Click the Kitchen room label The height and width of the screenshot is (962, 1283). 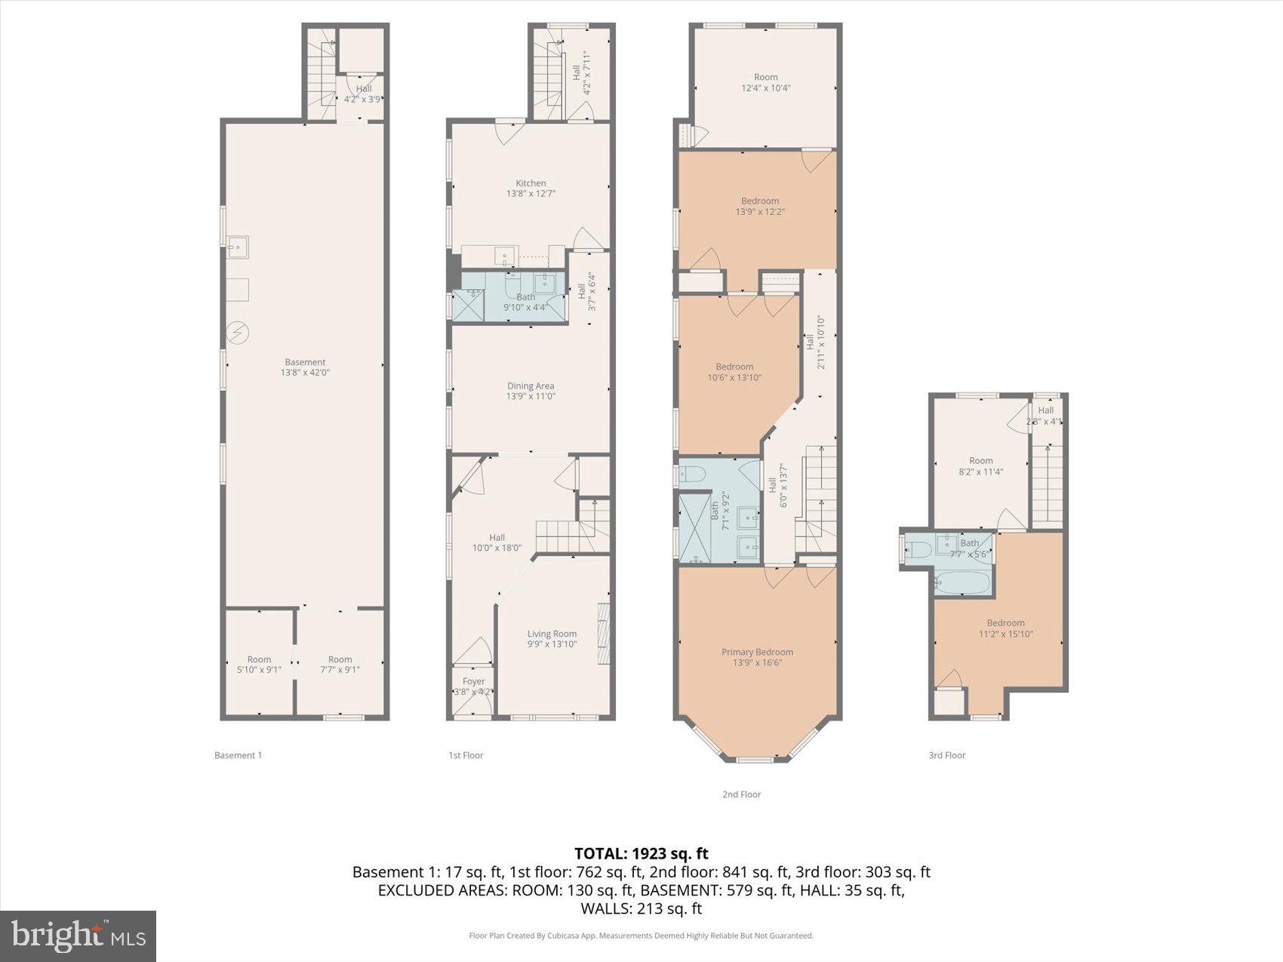[531, 183]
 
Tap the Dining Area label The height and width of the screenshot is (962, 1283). [531, 386]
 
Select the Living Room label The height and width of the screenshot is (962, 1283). [552, 635]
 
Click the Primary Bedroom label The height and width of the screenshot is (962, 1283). [757, 653]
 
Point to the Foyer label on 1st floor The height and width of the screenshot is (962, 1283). [473, 681]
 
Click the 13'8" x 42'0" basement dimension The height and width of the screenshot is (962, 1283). [305, 373]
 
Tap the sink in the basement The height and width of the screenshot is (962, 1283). [238, 247]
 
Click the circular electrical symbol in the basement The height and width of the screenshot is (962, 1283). [238, 333]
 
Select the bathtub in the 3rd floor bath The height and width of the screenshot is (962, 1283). [961, 583]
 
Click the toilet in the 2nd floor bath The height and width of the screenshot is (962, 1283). [691, 474]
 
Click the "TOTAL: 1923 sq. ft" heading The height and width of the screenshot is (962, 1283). [641, 853]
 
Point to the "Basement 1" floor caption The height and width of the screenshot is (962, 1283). [238, 755]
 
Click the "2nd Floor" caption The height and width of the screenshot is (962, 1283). [741, 794]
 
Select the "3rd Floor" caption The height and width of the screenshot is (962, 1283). [946, 755]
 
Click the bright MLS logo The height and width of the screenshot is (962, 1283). [78, 936]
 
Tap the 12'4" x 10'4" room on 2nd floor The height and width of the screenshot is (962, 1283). [765, 82]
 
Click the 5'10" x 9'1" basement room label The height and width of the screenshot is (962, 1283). [259, 665]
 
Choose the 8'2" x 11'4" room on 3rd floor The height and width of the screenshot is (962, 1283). [980, 466]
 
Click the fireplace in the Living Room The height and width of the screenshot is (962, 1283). [603, 634]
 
